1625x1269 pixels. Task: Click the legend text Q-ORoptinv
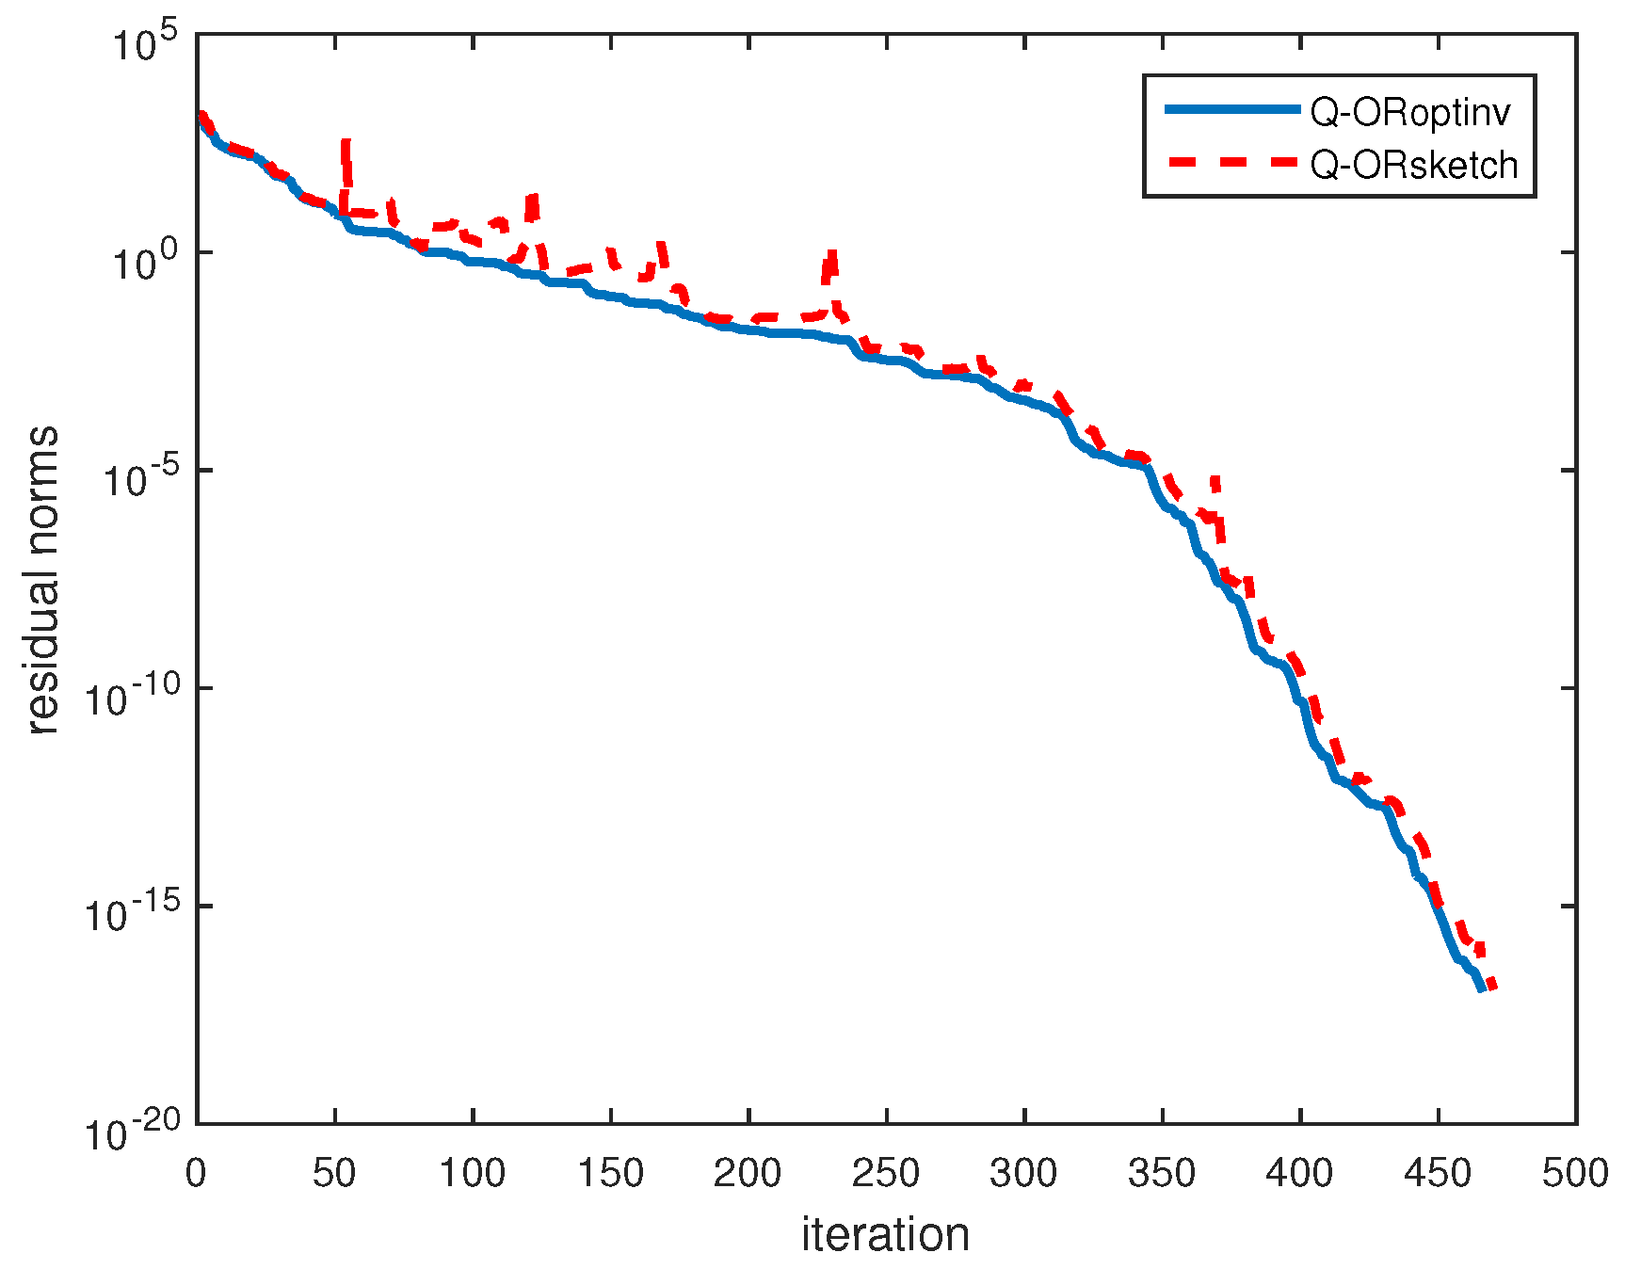pyautogui.click(x=1410, y=114)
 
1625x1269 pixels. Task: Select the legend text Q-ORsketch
pyautogui.click(x=1414, y=165)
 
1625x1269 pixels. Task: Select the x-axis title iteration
pyautogui.click(x=885, y=1234)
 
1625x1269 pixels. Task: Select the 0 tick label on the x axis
pyautogui.click(x=197, y=1173)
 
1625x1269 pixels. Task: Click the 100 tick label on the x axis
pyautogui.click(x=473, y=1173)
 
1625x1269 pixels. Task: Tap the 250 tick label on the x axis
pyautogui.click(x=886, y=1173)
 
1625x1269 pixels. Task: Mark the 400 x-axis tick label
pyautogui.click(x=1299, y=1173)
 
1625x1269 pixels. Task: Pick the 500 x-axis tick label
pyautogui.click(x=1575, y=1173)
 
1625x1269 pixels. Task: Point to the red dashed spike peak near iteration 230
pyautogui.click(x=830, y=252)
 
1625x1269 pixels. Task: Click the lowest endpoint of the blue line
pyautogui.click(x=1482, y=989)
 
